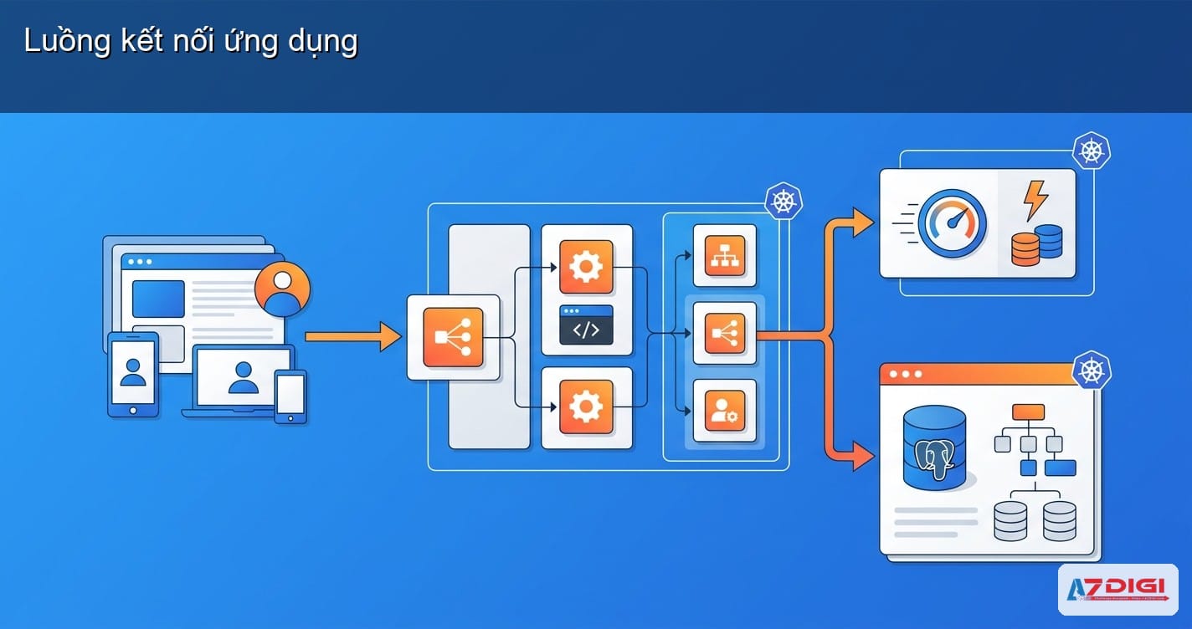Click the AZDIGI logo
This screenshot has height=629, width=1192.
[1117, 589]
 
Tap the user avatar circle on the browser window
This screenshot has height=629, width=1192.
[282, 289]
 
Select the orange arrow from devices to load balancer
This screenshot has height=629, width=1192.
[352, 336]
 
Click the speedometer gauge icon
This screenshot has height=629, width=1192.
[952, 222]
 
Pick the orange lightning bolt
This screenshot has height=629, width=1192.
[1035, 202]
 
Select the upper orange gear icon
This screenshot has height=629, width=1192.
[586, 267]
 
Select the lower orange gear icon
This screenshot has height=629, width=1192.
[586, 407]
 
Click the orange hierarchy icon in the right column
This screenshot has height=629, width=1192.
[724, 255]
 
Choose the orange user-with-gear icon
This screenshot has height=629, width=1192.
[724, 411]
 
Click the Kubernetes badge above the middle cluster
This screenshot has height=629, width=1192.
[784, 202]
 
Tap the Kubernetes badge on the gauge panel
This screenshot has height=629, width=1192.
[1092, 151]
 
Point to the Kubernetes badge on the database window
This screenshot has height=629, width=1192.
[1092, 369]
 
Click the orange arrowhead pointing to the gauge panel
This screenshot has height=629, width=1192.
[862, 222]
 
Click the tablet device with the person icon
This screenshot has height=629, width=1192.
[133, 373]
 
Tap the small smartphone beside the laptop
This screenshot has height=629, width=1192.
[290, 395]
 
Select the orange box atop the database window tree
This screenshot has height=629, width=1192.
[1028, 412]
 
